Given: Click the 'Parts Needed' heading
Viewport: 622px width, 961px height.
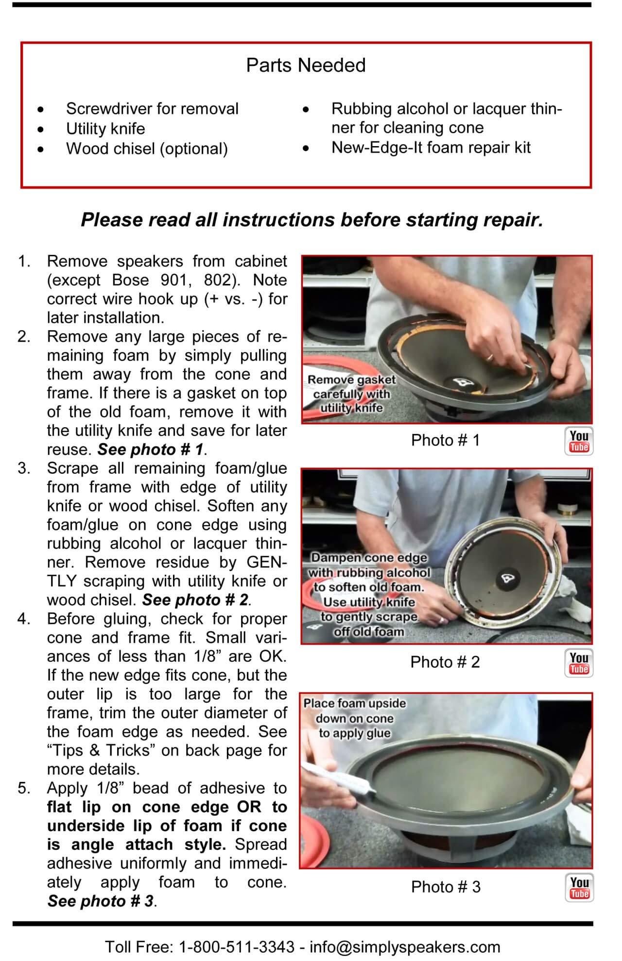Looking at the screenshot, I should coord(306,65).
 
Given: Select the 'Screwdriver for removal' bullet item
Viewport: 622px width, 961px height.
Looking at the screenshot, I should coord(152,109).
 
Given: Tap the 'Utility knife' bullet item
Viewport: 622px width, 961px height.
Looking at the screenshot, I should coord(105,129).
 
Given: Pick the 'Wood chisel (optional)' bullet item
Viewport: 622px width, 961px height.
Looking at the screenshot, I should coord(147,149).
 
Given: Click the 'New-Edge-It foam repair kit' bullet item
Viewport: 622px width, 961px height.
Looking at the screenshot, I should coord(431,148).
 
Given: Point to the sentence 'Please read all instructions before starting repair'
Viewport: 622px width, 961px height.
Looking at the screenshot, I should coord(311,220).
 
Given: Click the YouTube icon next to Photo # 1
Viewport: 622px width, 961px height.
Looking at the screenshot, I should coord(579,441).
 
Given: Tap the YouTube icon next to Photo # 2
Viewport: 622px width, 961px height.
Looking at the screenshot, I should coord(579,663).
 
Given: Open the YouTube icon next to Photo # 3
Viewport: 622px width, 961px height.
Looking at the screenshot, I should coord(579,888).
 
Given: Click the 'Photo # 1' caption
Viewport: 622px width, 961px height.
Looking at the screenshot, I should coord(445,440).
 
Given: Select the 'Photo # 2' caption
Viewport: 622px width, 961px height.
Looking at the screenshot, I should coord(445,662).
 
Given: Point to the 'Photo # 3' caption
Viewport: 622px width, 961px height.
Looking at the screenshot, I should coord(446,887).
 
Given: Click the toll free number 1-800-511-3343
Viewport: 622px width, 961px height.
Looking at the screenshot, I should coord(237,946).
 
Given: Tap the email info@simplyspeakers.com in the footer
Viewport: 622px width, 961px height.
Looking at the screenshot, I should coord(405,946).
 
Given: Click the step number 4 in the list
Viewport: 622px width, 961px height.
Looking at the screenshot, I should coord(23,619).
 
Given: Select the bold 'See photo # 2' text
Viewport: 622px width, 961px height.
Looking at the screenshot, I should coord(195,600).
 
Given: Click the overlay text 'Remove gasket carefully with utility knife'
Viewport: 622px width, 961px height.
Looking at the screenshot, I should coord(352,394).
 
